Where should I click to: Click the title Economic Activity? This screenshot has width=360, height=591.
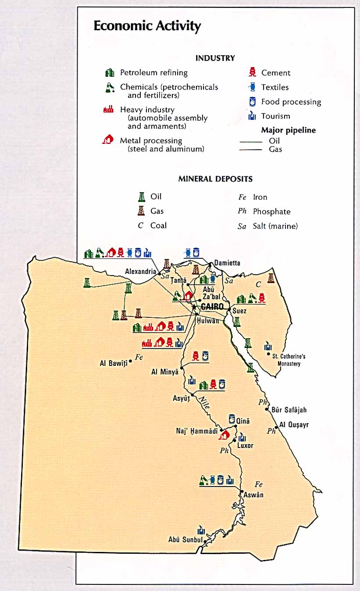click(x=147, y=26)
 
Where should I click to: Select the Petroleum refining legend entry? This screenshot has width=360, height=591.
click(x=153, y=73)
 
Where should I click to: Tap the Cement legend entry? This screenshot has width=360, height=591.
click(x=275, y=73)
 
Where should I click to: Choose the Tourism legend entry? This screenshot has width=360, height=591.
click(x=275, y=116)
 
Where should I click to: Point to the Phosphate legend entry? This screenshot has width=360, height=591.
click(x=271, y=211)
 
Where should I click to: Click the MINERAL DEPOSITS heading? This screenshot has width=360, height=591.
click(x=215, y=179)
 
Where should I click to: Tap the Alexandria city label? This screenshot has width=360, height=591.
click(x=140, y=272)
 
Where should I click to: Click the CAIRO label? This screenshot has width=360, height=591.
click(x=212, y=307)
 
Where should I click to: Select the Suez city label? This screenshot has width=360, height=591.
click(x=239, y=311)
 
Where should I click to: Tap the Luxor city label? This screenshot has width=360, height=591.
click(x=245, y=445)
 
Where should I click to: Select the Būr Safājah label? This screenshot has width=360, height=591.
click(x=289, y=410)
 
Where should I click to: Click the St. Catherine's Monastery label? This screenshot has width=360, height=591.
click(x=289, y=360)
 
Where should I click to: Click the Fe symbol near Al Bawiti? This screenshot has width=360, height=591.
click(x=139, y=357)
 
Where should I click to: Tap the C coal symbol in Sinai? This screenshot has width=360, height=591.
click(x=258, y=285)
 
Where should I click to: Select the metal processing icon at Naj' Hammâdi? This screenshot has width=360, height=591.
click(x=225, y=435)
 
